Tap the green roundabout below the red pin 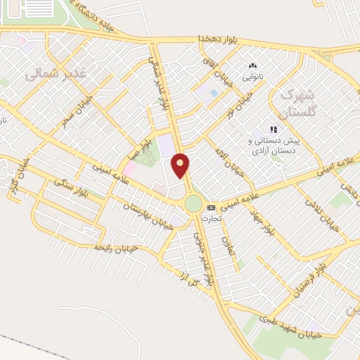coord(193,204)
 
